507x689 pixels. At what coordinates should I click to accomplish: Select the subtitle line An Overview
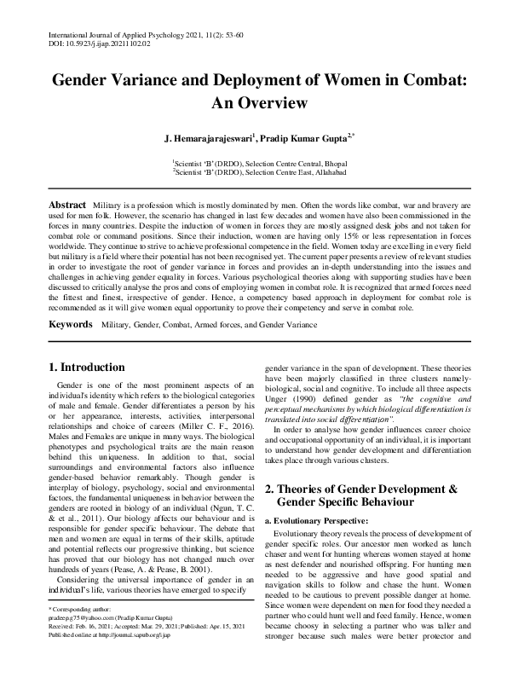pyautogui.click(x=253, y=104)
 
